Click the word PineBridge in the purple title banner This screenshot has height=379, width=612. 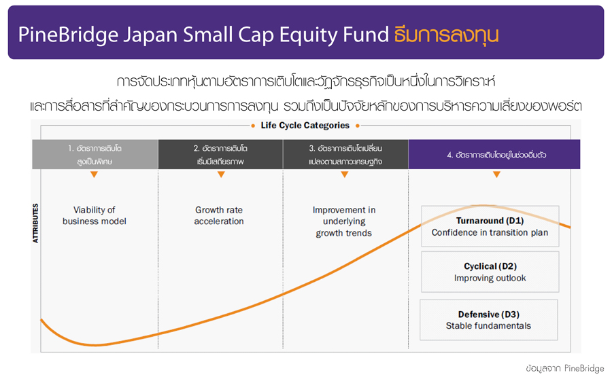(x=68, y=35)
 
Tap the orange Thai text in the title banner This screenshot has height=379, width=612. (x=446, y=35)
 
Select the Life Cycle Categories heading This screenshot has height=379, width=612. (x=305, y=125)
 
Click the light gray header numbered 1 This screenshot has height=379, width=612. (x=95, y=154)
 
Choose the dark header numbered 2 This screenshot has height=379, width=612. (x=220, y=154)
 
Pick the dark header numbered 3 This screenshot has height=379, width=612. (x=345, y=154)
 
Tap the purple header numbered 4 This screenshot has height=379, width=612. (x=494, y=154)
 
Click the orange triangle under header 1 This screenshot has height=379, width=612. (x=94, y=175)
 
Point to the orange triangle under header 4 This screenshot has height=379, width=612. (x=496, y=175)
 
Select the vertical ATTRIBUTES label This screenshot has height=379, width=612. (x=35, y=223)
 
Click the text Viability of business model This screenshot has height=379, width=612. (x=95, y=215)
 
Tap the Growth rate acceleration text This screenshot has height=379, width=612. (x=219, y=215)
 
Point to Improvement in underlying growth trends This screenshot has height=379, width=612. (x=344, y=221)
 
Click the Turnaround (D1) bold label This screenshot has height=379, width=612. (x=490, y=221)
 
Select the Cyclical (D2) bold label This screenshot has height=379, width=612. (x=490, y=266)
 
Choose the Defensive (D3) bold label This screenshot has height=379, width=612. (x=489, y=314)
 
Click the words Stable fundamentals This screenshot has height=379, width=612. (x=489, y=326)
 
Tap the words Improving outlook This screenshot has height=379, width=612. (x=490, y=278)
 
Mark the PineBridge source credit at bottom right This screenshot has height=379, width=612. (x=584, y=368)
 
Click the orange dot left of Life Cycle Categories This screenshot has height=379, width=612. (x=253, y=126)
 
